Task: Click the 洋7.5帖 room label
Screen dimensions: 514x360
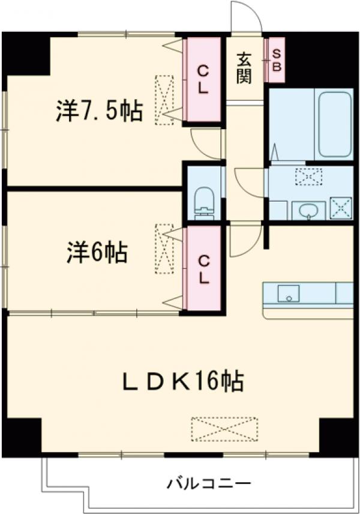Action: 100,110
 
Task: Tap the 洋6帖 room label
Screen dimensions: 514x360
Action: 97,253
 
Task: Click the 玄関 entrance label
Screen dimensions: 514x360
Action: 244,68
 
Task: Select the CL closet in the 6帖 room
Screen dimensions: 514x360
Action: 204,269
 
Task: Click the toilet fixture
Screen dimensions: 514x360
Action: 205,201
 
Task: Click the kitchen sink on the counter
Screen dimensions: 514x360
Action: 289,294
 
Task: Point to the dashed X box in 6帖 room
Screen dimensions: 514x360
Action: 163,249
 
